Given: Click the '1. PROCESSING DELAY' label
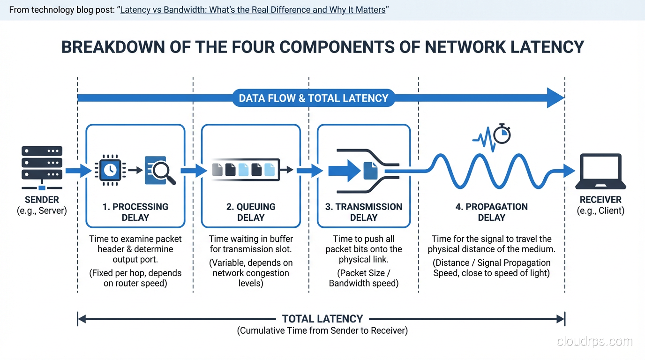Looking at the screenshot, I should pos(135,212).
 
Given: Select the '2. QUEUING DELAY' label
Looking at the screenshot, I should pos(251,212).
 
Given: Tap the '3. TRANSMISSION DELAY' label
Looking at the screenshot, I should pos(364,212).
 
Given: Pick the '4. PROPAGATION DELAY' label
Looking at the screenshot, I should pos(491,212).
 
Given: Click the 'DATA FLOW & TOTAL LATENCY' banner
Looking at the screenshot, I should pos(314,98).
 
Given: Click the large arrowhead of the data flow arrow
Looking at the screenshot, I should pos(555,98).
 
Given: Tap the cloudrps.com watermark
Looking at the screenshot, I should pos(594,342).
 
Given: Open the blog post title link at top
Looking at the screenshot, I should pos(253,10).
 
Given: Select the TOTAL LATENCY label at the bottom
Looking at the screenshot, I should pos(322,319).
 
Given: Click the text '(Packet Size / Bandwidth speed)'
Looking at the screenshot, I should pos(364,278).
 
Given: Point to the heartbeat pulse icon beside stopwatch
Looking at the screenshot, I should pos(482,139).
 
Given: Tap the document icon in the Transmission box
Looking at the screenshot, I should pos(370,171).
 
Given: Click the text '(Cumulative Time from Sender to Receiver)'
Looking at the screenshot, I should pos(322,331).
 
